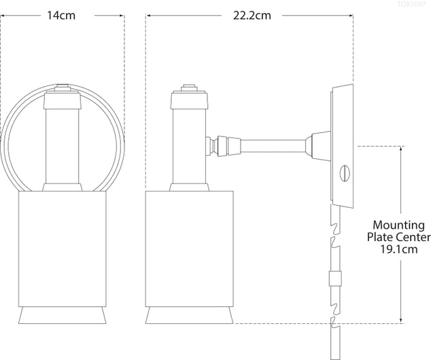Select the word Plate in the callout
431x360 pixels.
click(381, 237)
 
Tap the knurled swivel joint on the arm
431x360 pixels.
click(222, 144)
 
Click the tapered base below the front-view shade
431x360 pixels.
click(63, 315)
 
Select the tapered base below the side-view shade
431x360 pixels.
click(190, 315)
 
